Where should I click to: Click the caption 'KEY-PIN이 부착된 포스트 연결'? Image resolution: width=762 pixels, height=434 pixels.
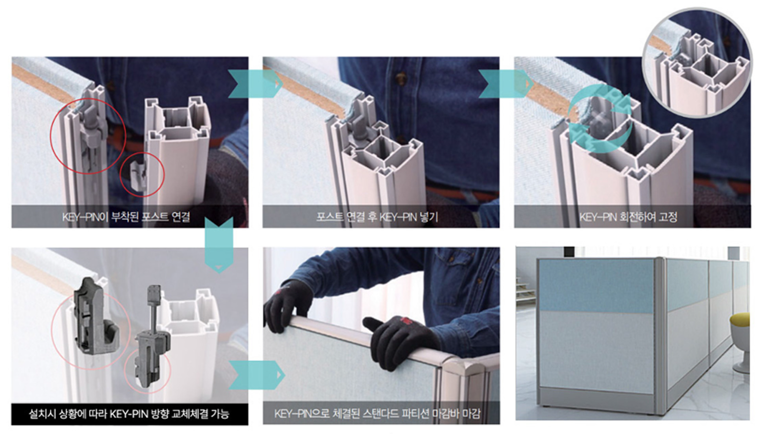(126, 217)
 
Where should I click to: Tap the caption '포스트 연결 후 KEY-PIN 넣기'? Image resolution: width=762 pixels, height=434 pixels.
(377, 217)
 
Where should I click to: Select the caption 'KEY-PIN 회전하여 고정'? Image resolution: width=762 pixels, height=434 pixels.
(628, 217)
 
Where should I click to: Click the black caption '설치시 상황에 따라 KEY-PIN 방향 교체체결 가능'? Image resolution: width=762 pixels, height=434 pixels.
(129, 414)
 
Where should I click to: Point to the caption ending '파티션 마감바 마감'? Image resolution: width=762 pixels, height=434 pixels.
(377, 414)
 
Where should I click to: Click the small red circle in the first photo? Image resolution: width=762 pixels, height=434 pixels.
(142, 174)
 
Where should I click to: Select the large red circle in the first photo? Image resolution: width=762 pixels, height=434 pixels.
(88, 136)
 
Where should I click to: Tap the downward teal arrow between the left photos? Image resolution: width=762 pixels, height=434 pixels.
(219, 245)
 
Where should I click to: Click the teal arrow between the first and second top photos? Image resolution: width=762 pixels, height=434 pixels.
(255, 84)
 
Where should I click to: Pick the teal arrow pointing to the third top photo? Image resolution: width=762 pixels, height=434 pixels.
(506, 84)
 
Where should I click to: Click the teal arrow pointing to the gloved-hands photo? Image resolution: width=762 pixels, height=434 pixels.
(257, 375)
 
